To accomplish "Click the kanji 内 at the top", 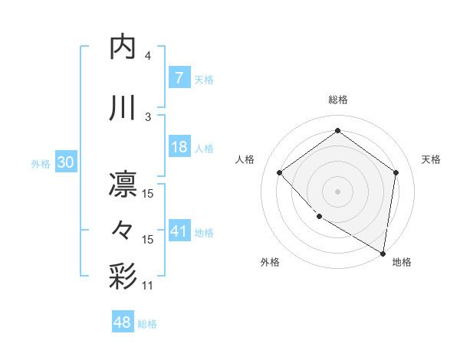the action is (124, 47).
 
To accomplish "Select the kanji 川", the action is (124, 107).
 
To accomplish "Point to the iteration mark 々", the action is (124, 230).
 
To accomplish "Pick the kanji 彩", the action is (124, 275).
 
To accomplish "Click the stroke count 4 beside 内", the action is (147, 55).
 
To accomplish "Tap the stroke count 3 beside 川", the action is (147, 116).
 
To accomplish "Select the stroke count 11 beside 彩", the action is (148, 286).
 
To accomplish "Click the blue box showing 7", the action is (179, 77).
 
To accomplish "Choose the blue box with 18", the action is (179, 147).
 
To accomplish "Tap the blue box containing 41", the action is (179, 231).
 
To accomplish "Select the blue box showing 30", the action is (65, 162).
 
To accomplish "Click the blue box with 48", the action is (123, 322).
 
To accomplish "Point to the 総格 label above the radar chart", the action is (337, 100).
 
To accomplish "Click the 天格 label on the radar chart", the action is (431, 159).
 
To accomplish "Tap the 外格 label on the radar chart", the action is (270, 262).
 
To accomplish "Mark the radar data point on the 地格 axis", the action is (383, 253).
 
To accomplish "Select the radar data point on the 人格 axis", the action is (280, 173).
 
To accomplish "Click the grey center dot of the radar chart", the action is (337, 191).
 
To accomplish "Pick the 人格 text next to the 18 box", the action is (203, 148).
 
